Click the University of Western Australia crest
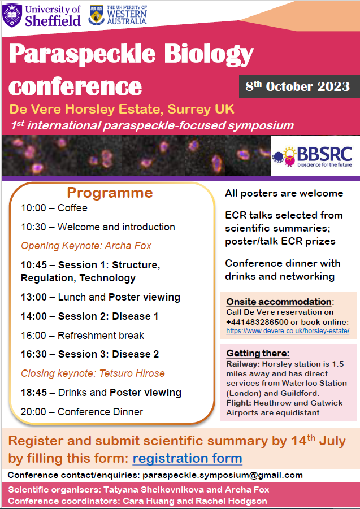click(97, 15)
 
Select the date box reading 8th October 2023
click(298, 86)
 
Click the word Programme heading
click(110, 193)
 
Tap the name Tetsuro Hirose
click(129, 373)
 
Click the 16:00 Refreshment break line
click(83, 336)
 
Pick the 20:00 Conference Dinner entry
click(82, 412)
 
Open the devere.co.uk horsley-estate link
click(288, 330)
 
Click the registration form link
click(187, 458)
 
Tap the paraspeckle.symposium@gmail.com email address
click(223, 475)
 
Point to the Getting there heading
click(258, 354)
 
